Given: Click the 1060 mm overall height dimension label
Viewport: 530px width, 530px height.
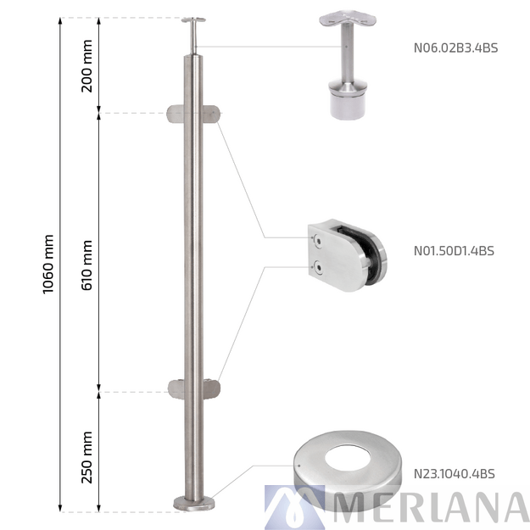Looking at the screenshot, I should [x=47, y=264].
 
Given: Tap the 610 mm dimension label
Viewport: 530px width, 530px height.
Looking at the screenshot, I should [x=86, y=264].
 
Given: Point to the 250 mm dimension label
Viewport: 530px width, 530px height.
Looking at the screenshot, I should [x=86, y=456].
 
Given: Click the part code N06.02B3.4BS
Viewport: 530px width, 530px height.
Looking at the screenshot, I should [x=455, y=48].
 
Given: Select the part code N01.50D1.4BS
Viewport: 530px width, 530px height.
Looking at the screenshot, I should [x=454, y=250].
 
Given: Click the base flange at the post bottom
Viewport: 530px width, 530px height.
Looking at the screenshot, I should [x=194, y=504].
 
